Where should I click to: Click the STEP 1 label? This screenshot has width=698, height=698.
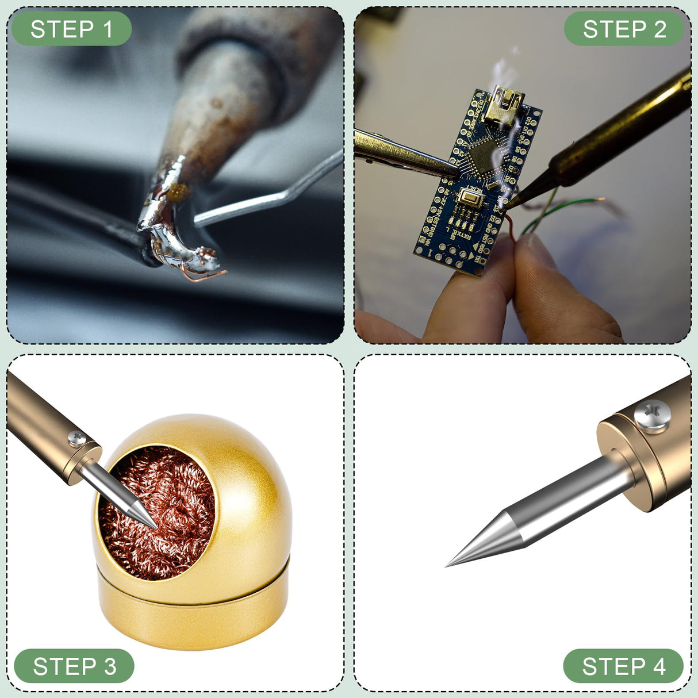click(x=71, y=29)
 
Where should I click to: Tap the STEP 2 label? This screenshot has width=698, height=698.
click(x=624, y=29)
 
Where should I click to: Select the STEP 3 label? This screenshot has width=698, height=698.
click(x=74, y=666)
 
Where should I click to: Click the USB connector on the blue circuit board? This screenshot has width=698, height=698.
click(x=504, y=105)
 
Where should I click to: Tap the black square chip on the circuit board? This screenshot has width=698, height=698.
click(x=483, y=157)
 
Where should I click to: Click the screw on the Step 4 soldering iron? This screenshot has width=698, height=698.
click(x=652, y=415)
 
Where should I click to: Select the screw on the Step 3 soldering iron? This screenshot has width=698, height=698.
click(x=77, y=438)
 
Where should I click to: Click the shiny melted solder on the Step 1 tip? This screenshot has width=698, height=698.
click(x=170, y=225)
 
